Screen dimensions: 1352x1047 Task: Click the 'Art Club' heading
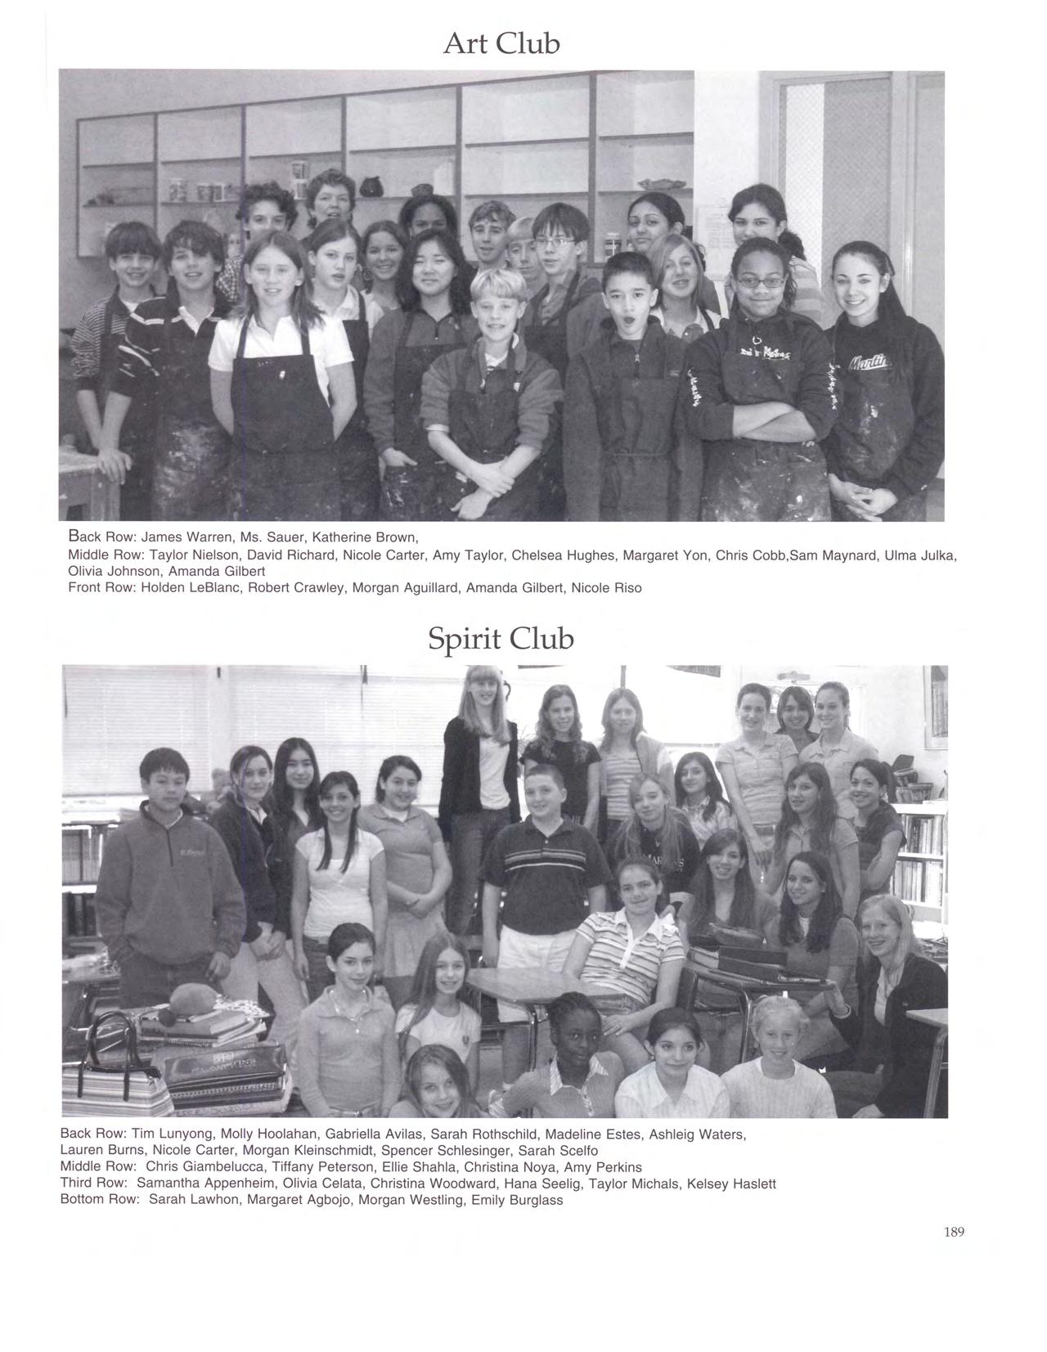coord(501,43)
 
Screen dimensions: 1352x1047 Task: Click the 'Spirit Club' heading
coord(501,638)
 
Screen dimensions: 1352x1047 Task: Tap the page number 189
coord(954,1232)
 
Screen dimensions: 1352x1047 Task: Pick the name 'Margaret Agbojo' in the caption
coord(298,1201)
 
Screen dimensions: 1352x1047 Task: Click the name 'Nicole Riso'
coord(606,588)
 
